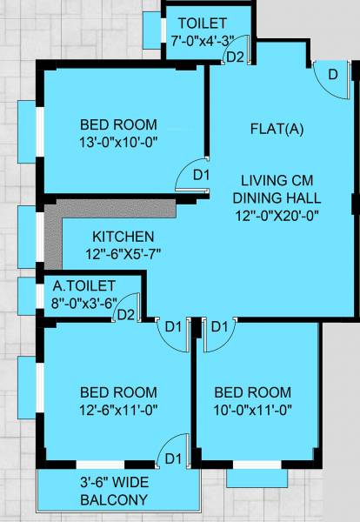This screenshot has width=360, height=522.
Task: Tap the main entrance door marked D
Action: pos(330,75)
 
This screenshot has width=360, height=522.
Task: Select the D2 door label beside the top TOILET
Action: pos(234,58)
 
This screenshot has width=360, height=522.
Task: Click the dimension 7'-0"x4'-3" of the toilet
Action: pos(202,39)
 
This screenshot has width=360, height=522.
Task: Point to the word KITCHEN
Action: pos(123,237)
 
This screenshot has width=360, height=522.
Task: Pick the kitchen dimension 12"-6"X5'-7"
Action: pos(123,253)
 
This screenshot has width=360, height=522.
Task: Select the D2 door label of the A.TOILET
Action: pos(125,314)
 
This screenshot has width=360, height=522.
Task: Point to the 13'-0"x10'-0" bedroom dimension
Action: pos(118,138)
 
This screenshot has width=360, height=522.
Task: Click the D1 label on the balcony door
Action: pos(172,458)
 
